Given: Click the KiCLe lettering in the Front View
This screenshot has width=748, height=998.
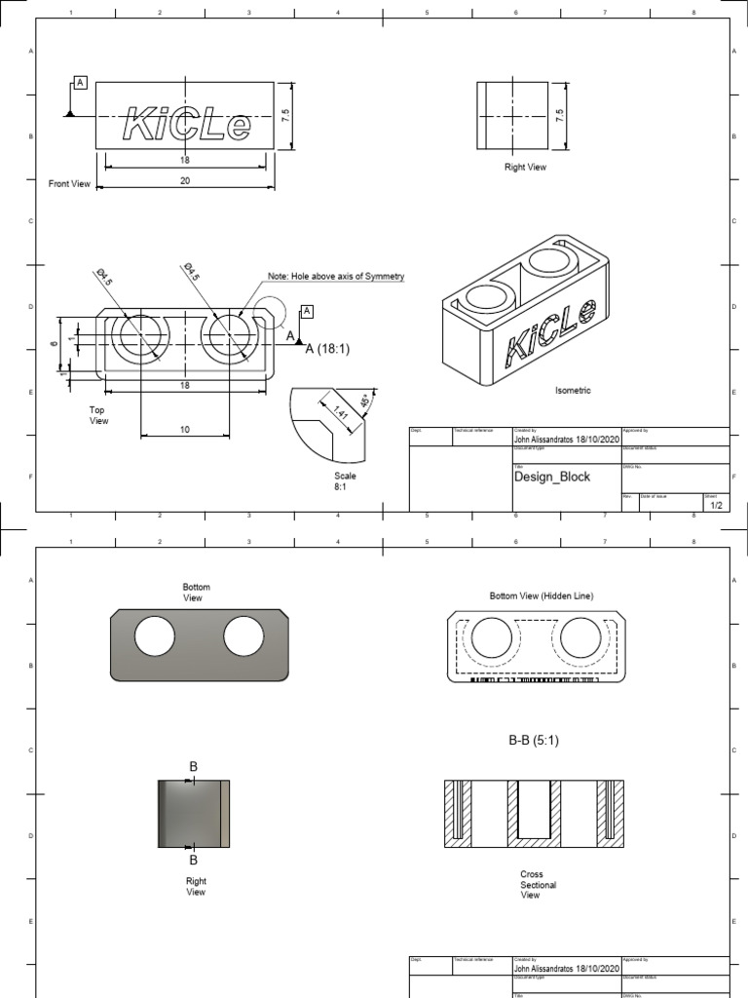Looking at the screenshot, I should click(x=186, y=125).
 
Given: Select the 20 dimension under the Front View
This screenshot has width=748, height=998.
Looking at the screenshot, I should click(x=184, y=181).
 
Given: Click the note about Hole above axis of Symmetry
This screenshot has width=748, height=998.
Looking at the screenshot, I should click(x=336, y=277).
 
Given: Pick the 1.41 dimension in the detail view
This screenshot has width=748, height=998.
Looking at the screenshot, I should click(x=340, y=413).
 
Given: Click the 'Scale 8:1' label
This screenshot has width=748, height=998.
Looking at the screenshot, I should click(x=345, y=480).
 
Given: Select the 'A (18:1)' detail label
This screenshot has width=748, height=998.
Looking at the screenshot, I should click(x=326, y=349).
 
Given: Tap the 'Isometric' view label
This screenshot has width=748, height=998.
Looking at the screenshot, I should click(x=573, y=390).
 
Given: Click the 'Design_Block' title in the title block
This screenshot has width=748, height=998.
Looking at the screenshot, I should click(x=551, y=478).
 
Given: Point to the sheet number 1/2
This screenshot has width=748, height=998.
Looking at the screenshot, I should click(x=716, y=506).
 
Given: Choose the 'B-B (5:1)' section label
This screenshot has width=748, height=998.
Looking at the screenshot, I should click(x=534, y=740).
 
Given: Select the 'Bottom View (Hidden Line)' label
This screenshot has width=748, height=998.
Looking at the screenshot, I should click(x=541, y=595).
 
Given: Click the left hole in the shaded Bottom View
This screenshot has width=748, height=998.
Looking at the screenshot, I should click(x=154, y=637).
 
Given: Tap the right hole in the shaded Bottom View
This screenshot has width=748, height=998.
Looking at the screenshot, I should click(x=243, y=637).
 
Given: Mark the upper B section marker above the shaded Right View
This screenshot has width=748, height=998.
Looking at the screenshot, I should click(x=193, y=767).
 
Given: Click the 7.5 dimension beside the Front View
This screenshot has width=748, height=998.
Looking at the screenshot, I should click(x=284, y=115).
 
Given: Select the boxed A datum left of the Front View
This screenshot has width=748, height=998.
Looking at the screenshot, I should click(x=80, y=83).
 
